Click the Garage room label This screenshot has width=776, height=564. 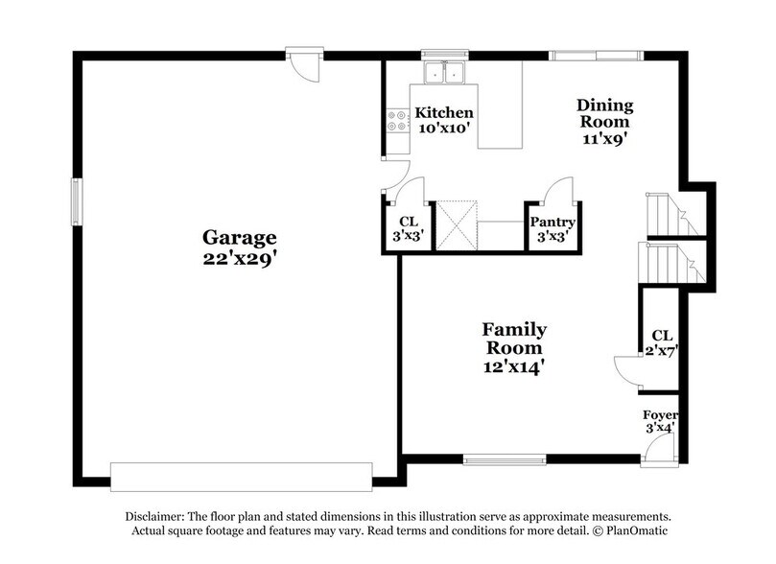(239, 237)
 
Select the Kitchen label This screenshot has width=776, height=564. (443, 113)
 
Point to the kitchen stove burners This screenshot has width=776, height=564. (395, 121)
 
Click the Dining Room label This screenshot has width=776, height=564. (603, 113)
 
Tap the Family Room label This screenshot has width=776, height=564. (514, 339)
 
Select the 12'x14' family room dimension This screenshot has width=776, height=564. (514, 365)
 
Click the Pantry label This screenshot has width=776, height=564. (552, 222)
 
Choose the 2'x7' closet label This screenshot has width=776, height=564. (662, 342)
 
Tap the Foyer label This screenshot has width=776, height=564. (660, 415)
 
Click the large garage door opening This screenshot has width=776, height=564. (241, 476)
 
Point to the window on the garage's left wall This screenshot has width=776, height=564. (78, 201)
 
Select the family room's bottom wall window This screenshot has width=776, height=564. (498, 459)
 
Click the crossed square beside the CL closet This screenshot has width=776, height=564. (457, 226)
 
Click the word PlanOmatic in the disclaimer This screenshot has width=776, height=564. (633, 530)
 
